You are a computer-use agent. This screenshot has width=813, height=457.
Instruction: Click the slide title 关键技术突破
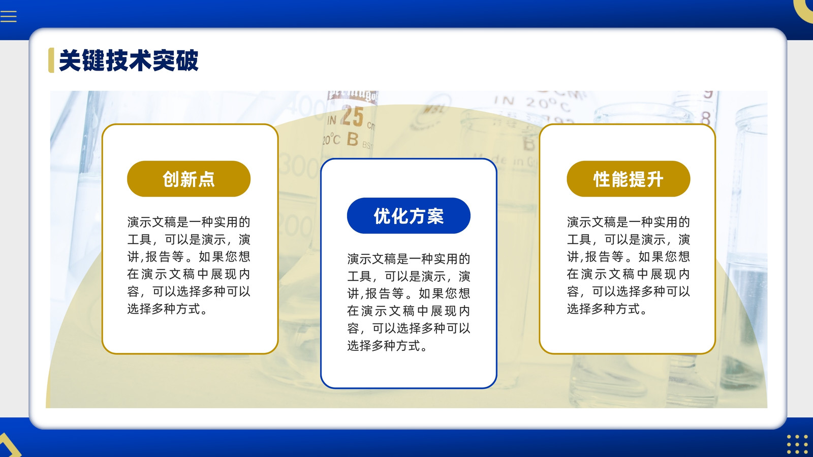coord(129,60)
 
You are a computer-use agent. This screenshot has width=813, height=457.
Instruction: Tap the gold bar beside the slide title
coord(51,60)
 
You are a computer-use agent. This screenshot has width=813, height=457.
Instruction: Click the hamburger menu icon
coord(8,17)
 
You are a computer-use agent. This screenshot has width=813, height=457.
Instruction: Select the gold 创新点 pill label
coord(189,179)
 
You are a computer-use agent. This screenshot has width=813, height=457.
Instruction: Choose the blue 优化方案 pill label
coord(409,216)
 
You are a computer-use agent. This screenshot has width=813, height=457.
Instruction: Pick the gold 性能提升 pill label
coord(628,179)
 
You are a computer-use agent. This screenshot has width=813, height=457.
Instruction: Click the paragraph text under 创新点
coord(189,266)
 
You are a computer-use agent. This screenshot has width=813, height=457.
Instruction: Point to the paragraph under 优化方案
coord(409,302)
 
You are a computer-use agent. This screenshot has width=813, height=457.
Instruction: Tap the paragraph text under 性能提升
coord(628,266)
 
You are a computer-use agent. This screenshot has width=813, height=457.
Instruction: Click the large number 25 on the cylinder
coord(352,116)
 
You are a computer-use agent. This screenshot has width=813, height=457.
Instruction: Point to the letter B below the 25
coord(353,139)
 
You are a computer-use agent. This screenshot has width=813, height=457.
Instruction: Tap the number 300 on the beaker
coord(298,167)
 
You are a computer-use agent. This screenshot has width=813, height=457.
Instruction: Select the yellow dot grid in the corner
coord(797,445)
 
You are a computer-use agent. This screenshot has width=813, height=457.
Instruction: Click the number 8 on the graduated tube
coord(705,118)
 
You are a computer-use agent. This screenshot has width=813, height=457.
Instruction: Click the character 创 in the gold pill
coord(171,179)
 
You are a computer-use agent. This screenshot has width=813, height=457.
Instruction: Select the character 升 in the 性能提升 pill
coord(655,179)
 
